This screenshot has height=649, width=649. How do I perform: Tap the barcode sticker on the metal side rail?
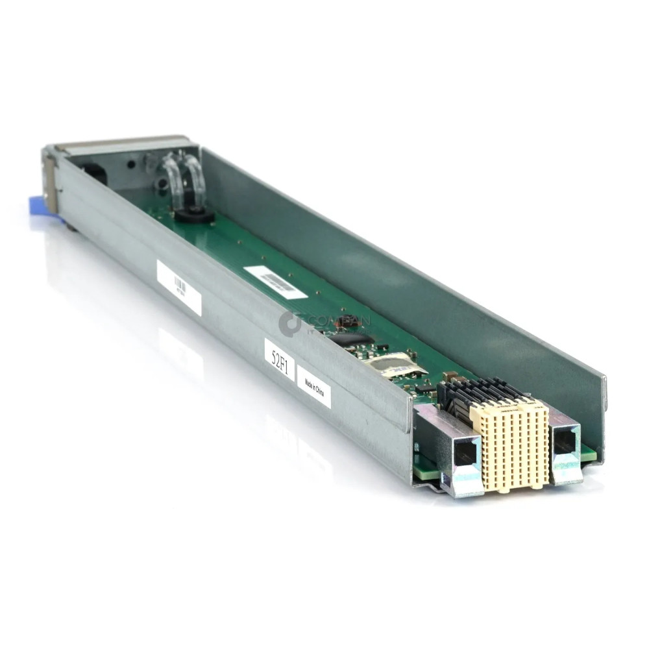coord(179,287)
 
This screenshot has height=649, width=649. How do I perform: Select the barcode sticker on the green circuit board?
coord(275,282)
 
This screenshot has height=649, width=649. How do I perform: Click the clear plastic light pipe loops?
coord(185,177)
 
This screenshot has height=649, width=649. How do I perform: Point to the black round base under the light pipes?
coord(193,215)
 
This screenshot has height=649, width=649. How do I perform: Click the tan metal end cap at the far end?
coord(123,142)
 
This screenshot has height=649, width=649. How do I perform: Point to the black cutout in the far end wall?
coord(95,173)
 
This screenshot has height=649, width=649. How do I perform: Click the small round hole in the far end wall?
coord(131,164)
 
